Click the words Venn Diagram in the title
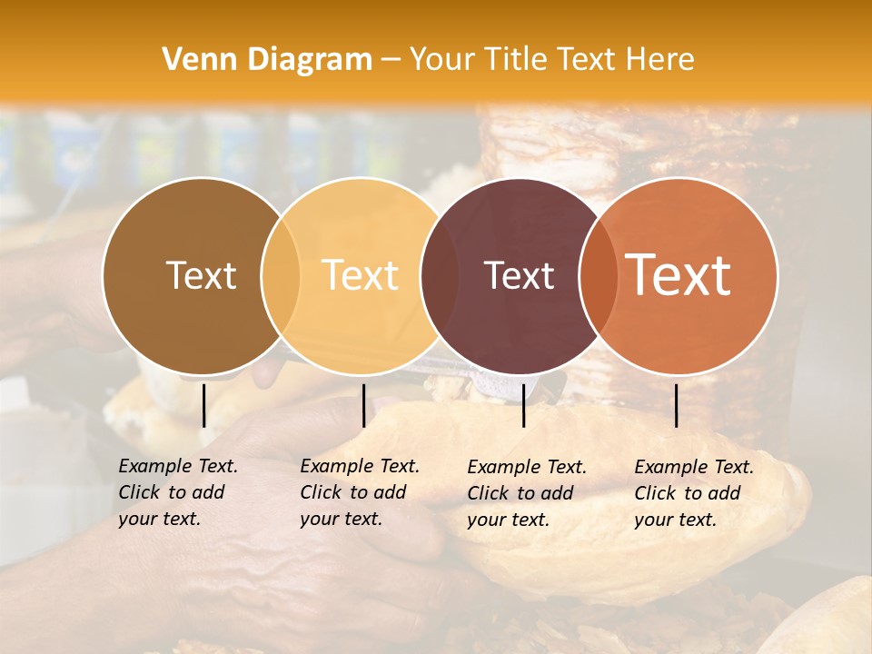click(x=267, y=60)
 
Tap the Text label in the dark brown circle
click(x=201, y=275)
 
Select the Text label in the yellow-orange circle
click(x=360, y=275)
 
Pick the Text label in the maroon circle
click(x=519, y=275)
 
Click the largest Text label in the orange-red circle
click(x=679, y=275)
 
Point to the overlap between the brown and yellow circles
click(x=281, y=275)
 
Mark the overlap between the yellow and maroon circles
click(x=440, y=275)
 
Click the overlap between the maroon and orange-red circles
click(x=599, y=275)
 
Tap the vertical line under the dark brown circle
click(x=203, y=405)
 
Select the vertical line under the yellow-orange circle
click(x=363, y=405)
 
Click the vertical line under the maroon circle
click(x=523, y=405)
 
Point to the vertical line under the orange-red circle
click(x=676, y=405)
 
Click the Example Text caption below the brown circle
click(x=178, y=492)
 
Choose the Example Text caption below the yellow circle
click(x=360, y=492)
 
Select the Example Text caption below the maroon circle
click(x=527, y=493)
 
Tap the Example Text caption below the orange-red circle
click(x=694, y=493)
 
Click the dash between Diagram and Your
click(x=391, y=60)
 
